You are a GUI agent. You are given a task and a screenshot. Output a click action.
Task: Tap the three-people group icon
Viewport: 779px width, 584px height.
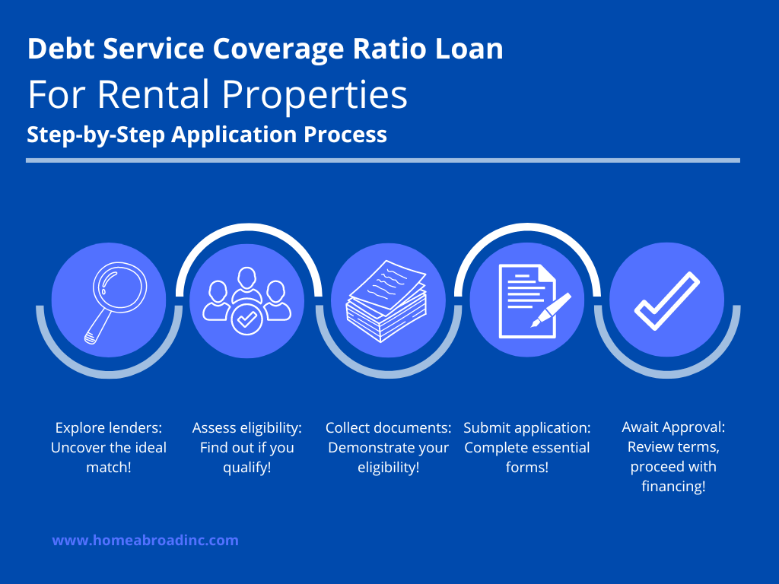[247, 301]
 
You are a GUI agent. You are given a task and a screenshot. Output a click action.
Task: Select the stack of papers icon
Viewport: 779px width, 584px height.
[386, 301]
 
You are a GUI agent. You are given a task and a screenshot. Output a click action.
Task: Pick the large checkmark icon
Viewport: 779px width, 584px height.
[666, 301]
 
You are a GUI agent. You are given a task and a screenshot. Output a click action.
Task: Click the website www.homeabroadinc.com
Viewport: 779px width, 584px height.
[145, 541]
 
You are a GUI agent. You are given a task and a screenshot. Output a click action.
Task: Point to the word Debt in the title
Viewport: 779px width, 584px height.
[61, 49]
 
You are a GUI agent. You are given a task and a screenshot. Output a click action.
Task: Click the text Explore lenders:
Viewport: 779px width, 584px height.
[108, 427]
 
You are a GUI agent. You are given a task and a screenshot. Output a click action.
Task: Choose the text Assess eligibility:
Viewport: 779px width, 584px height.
[247, 427]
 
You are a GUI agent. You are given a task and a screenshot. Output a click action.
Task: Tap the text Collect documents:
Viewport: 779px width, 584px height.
[389, 427]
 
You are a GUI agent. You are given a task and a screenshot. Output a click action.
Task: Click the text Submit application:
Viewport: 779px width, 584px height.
[527, 427]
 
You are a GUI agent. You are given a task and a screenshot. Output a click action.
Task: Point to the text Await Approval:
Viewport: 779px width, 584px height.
[673, 427]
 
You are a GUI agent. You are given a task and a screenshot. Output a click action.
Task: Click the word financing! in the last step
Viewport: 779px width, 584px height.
[673, 486]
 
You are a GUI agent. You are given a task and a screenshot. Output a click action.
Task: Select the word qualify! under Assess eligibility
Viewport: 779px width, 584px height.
[247, 468]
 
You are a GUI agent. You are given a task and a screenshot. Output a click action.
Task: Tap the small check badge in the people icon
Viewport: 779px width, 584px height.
[247, 319]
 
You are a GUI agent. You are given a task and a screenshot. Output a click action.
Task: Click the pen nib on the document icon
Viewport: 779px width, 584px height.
[536, 322]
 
